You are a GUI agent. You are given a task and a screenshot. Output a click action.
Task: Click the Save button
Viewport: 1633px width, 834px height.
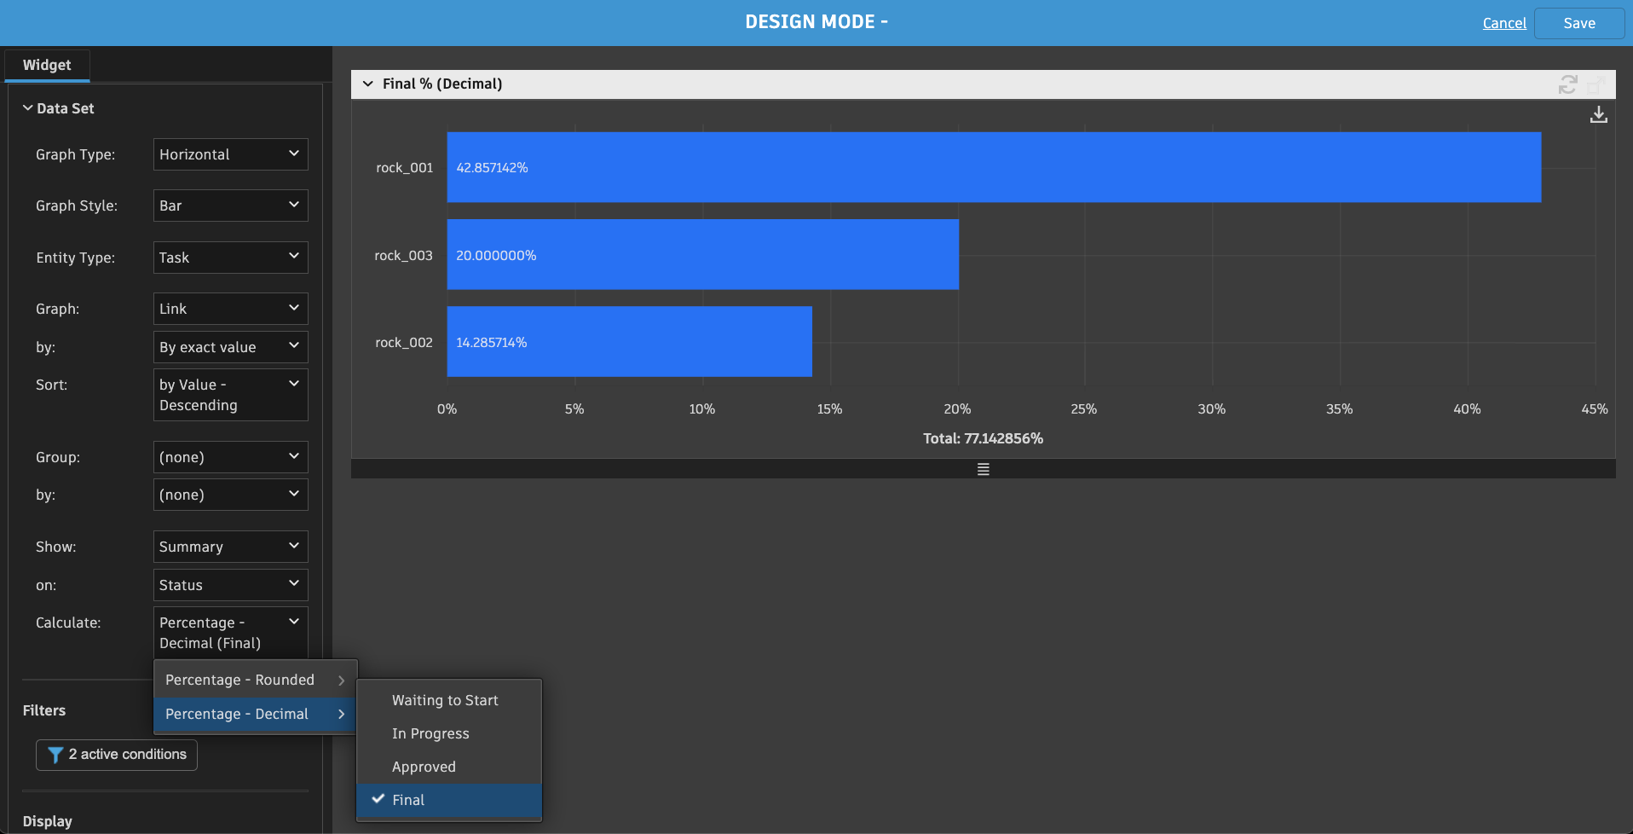1578,23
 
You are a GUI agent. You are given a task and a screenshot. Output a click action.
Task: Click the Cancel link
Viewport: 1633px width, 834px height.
1504,23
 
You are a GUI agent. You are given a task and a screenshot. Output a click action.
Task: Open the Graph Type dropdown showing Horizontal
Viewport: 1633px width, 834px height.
230,154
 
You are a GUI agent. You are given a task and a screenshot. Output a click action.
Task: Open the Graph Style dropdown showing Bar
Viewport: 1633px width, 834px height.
230,206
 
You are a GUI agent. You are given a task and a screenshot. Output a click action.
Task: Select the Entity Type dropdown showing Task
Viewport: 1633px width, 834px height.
230,258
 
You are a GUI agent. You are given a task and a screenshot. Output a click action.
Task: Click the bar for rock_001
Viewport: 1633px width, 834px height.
993,167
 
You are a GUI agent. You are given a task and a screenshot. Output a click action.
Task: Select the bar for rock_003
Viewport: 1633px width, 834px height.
702,255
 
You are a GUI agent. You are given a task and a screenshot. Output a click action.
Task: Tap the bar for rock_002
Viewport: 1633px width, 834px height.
629,342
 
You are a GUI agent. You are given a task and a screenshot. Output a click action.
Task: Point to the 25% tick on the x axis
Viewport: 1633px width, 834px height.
1083,409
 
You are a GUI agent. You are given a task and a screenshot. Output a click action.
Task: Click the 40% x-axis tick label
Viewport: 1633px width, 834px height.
1466,409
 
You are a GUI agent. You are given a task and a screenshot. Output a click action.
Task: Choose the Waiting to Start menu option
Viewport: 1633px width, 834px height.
445,700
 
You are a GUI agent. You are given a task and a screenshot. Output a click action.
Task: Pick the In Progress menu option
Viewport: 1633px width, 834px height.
430,733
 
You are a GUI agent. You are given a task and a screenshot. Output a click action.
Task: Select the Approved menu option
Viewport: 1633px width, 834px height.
424,767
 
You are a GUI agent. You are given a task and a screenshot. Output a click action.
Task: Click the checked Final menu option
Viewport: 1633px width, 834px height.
408,800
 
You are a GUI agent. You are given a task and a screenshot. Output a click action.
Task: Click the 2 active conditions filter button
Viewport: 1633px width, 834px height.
117,755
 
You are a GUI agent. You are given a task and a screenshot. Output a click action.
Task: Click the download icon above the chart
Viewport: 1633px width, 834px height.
1598,114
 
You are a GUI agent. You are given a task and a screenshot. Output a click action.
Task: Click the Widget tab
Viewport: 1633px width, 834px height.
47,65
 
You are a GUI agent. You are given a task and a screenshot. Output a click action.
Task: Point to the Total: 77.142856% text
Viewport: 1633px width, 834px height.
983,438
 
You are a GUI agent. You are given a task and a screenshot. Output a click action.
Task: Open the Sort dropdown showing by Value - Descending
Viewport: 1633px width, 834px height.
230,395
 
